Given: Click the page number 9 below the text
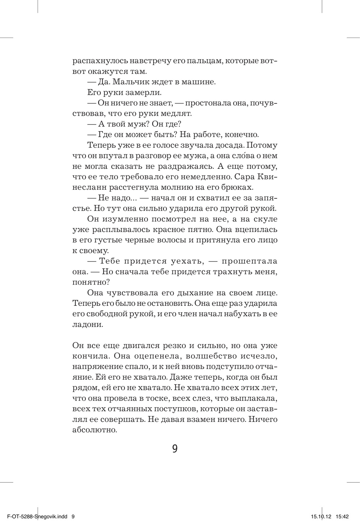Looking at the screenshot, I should tap(175, 448).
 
